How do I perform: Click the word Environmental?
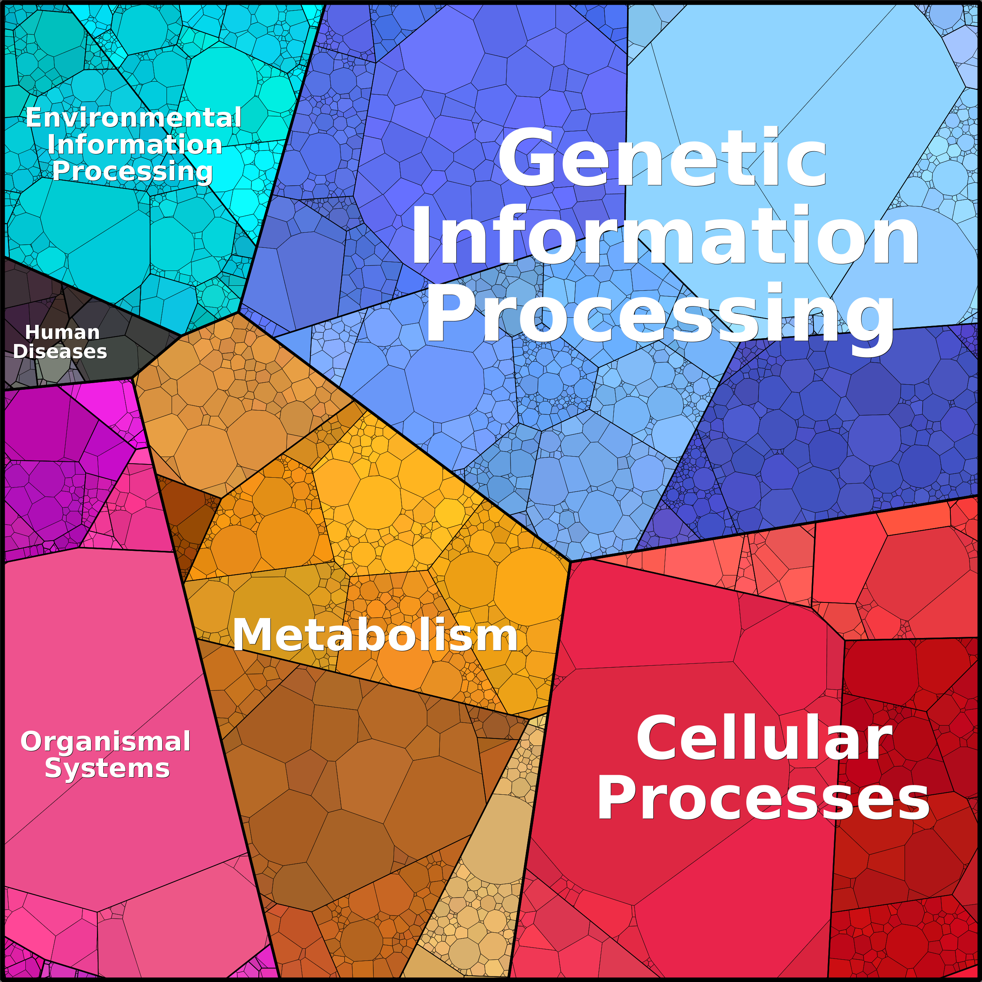(133, 118)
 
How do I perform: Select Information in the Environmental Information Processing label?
(135, 145)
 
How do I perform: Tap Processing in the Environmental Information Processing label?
(132, 171)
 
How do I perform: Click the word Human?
(62, 332)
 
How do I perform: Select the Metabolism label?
(375, 635)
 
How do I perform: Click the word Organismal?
(106, 742)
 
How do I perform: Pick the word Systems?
(107, 768)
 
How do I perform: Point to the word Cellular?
(764, 738)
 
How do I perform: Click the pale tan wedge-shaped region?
(488, 864)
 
